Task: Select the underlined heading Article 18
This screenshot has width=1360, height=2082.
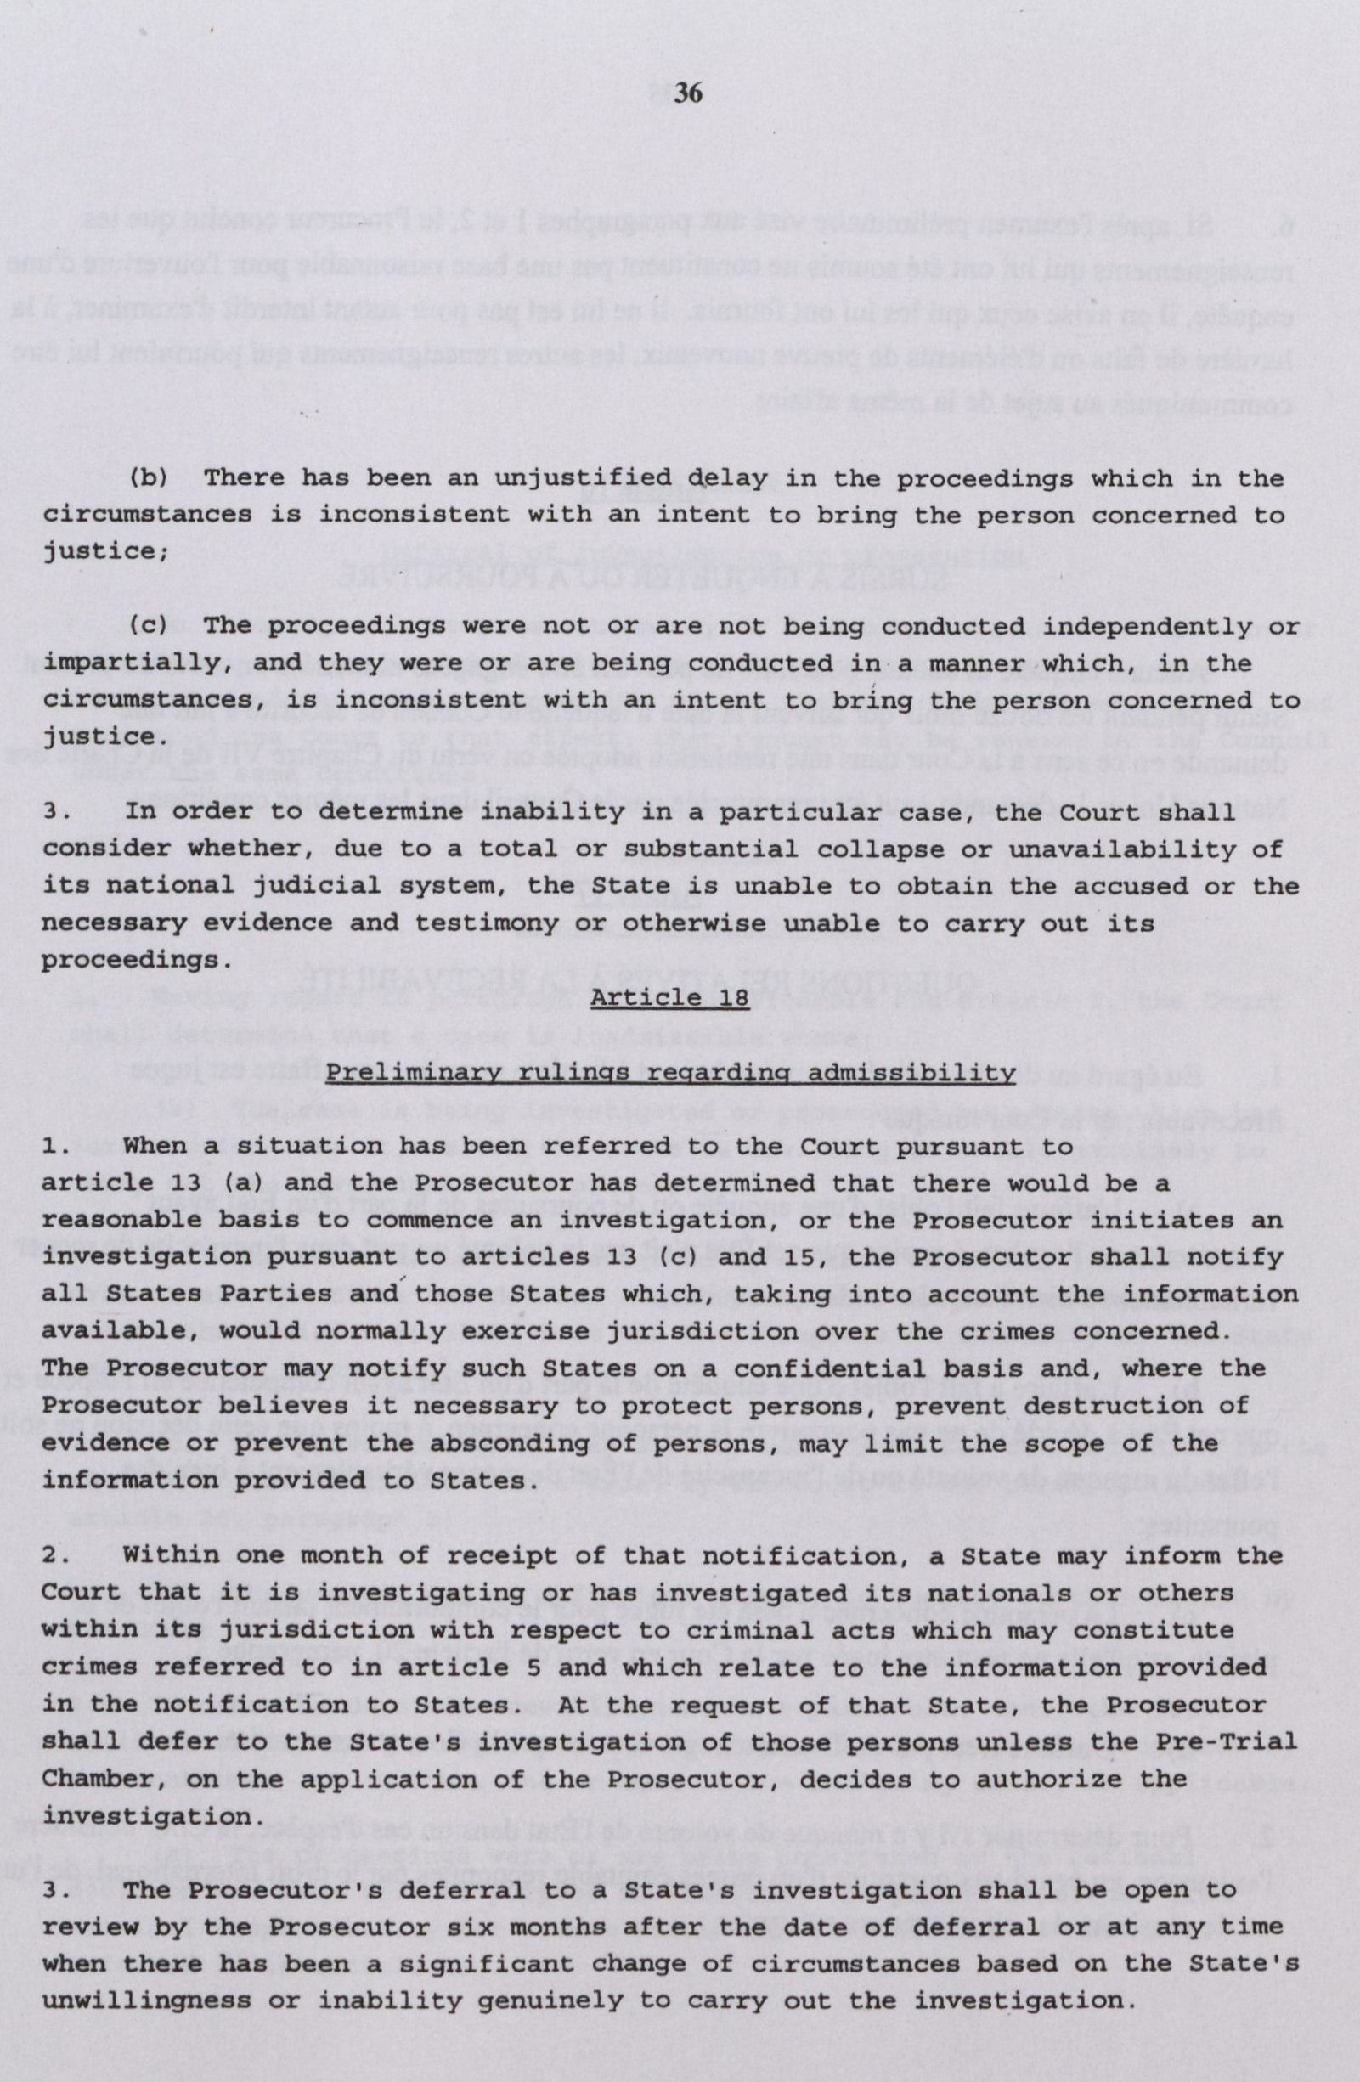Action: pos(670,997)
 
